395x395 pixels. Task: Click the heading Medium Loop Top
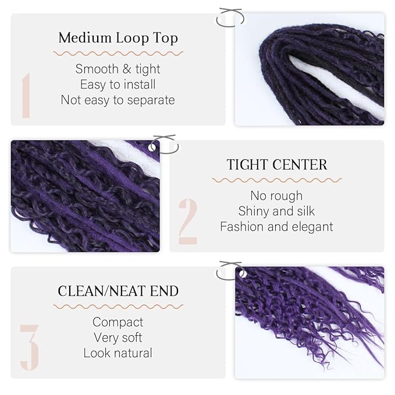click(118, 38)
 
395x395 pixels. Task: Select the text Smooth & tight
click(118, 69)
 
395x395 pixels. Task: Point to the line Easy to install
click(118, 84)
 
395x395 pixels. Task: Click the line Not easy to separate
click(118, 100)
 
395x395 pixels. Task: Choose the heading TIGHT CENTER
click(277, 165)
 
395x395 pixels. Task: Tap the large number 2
click(188, 221)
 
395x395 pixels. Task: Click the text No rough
click(276, 195)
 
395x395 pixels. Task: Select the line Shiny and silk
click(276, 211)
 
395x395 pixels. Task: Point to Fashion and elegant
click(276, 226)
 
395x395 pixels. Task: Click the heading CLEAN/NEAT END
click(118, 291)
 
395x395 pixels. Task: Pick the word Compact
click(118, 322)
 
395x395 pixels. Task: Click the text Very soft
click(118, 337)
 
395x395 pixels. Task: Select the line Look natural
click(118, 353)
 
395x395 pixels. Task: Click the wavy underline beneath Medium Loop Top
click(118, 54)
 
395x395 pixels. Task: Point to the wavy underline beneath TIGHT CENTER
click(276, 180)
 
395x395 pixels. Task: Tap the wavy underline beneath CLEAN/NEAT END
click(118, 306)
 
